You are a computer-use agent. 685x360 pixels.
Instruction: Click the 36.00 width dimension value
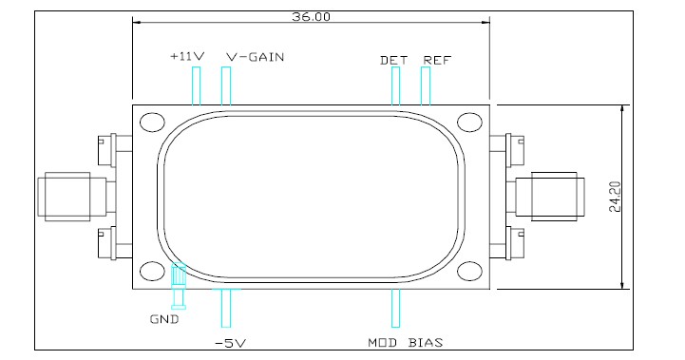[311, 17]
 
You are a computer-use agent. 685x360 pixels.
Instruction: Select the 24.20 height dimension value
[615, 197]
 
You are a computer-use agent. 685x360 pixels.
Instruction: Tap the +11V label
[187, 56]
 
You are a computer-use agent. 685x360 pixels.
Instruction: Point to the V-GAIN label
[256, 57]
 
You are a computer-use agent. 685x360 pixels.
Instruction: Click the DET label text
[393, 60]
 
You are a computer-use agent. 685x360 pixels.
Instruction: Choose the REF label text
[437, 60]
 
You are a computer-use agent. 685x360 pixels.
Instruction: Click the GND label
[164, 319]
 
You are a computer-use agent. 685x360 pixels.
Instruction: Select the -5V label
[230, 344]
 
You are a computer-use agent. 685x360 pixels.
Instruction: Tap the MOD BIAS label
[405, 343]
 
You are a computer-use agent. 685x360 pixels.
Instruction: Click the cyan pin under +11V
[196, 86]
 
